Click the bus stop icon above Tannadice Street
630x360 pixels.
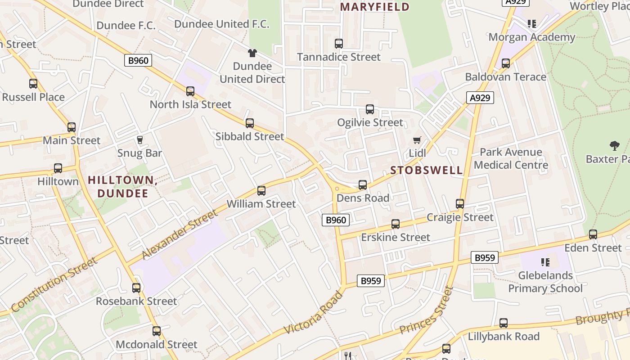pyautogui.click(x=339, y=44)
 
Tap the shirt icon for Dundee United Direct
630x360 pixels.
pyautogui.click(x=252, y=53)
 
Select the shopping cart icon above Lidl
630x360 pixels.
pyautogui.click(x=417, y=140)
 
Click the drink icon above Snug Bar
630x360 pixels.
pyautogui.click(x=139, y=140)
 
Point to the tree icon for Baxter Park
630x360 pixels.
pyautogui.click(x=614, y=145)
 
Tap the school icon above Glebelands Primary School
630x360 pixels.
pyautogui.click(x=545, y=262)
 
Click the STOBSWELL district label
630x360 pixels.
pyautogui.click(x=427, y=170)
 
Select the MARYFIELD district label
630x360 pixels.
pyautogui.click(x=374, y=7)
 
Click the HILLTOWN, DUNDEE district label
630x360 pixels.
pyautogui.click(x=122, y=187)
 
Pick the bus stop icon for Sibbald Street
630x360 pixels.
pyautogui.click(x=250, y=123)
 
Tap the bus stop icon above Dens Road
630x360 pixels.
pyautogui.click(x=363, y=184)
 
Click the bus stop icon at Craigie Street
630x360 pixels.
pyautogui.click(x=460, y=204)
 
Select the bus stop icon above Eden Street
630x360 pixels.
pyautogui.click(x=593, y=234)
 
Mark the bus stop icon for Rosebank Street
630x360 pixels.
pyautogui.click(x=136, y=288)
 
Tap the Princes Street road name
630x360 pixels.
pyautogui.click(x=426, y=311)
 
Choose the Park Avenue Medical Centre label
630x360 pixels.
pyautogui.click(x=511, y=158)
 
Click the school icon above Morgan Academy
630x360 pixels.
pyautogui.click(x=532, y=23)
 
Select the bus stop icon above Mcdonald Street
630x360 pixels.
pyautogui.click(x=157, y=331)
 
